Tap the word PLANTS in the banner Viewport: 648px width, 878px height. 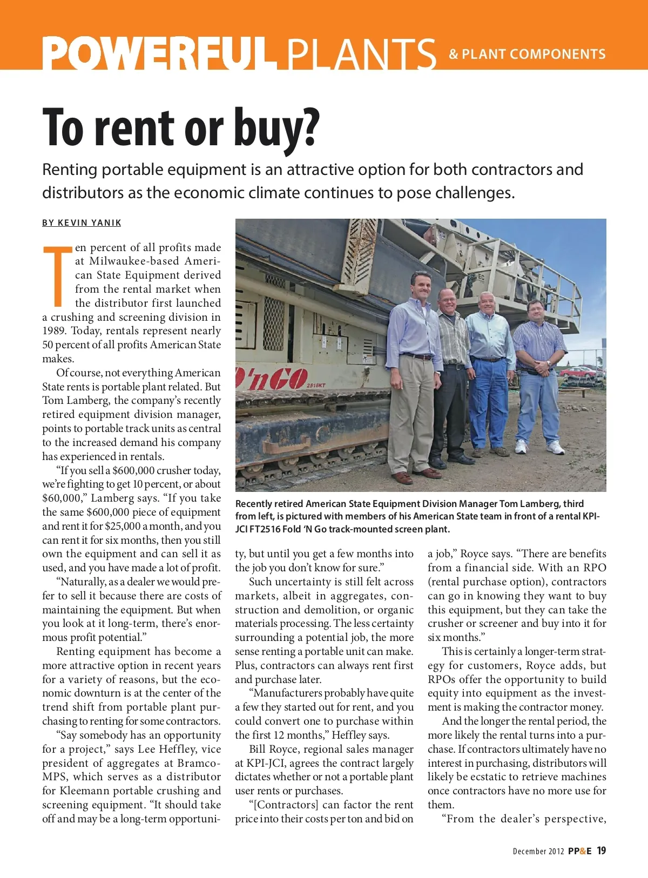point(361,53)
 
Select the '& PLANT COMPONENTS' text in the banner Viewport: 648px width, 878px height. point(527,54)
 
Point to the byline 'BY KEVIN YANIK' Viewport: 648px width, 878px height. point(82,223)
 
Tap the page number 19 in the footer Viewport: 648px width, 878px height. point(601,850)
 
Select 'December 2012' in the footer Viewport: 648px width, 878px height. point(538,852)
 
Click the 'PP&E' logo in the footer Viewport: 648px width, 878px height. point(579,851)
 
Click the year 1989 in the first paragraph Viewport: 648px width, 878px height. point(54,331)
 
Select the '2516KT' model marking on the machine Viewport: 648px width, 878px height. point(316,385)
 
